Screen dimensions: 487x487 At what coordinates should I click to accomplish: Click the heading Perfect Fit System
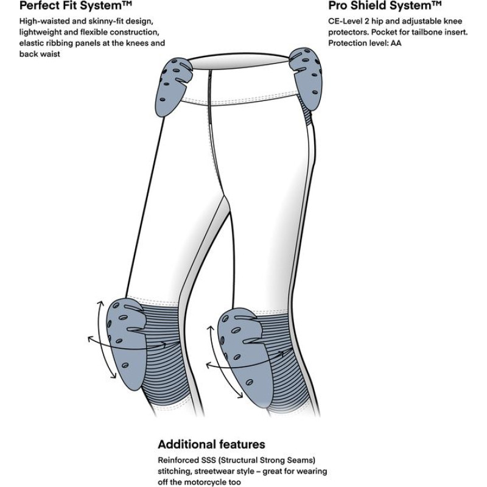coord(75,5)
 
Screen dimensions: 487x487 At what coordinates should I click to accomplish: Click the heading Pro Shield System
coord(385,5)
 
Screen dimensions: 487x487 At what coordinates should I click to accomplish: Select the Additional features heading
coord(211,444)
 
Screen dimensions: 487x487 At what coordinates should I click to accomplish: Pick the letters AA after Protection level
coord(396,43)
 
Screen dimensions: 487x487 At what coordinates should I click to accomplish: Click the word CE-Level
coord(345,21)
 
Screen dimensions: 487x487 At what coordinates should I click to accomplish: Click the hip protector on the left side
coord(173,86)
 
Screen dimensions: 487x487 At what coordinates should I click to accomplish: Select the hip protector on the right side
coord(306,79)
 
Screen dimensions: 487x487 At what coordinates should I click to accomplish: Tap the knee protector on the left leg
coord(126,343)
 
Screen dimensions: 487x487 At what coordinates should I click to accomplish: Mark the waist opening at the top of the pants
coord(239,61)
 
